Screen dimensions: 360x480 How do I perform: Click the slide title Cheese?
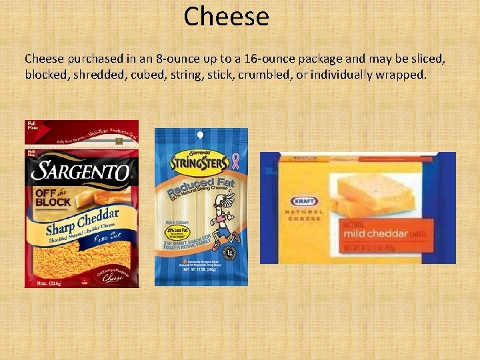tap(226, 17)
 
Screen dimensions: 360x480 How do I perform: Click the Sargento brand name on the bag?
tap(81, 171)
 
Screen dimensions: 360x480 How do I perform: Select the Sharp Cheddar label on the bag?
tap(83, 222)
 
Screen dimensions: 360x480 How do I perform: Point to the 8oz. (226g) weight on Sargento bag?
tap(47, 281)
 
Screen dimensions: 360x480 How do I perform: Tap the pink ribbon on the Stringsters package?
tap(234, 161)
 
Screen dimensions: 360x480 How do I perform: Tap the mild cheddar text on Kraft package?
tap(375, 233)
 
